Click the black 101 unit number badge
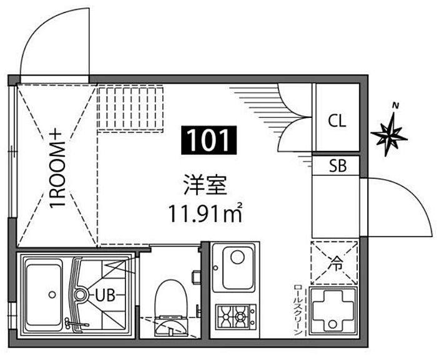tap(209, 140)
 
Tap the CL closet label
tap(336, 121)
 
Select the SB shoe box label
tap(338, 165)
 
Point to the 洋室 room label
tap(205, 185)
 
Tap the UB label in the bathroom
tap(105, 295)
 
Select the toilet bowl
tap(170, 299)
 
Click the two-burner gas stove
tap(235, 316)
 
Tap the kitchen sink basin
tap(238, 268)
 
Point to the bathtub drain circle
tap(52, 294)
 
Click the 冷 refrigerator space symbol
tap(335, 263)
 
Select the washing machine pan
tap(333, 311)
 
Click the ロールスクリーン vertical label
tap(298, 310)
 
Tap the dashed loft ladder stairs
tap(130, 109)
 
